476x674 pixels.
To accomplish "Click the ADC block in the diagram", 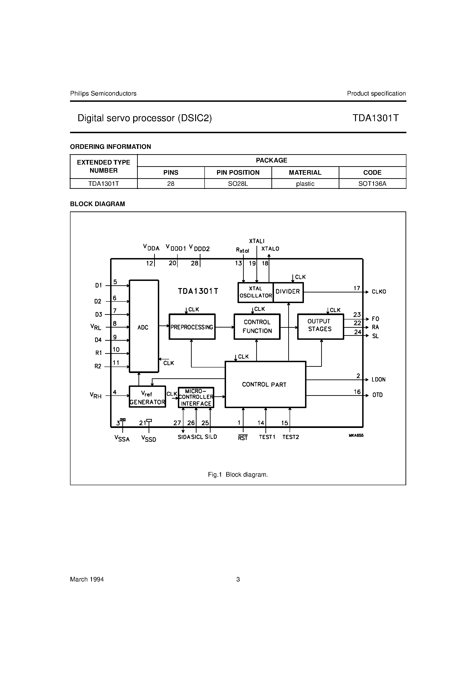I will click(x=144, y=326).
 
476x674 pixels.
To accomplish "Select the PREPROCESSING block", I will click(x=192, y=327).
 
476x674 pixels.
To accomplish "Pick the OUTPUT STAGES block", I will click(x=320, y=326).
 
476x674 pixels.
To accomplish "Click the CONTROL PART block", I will click(x=265, y=384).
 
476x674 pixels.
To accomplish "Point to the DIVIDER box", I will click(x=288, y=292).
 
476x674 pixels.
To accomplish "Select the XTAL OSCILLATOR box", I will click(x=256, y=292).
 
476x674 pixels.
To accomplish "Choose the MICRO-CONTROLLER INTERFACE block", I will click(x=196, y=397).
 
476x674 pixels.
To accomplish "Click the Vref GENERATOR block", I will click(x=147, y=397).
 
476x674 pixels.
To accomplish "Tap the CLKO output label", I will click(x=379, y=292).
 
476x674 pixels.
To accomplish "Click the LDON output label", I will click(x=378, y=379).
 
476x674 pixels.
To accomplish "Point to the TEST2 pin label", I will click(x=291, y=437).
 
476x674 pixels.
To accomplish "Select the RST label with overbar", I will click(x=243, y=438).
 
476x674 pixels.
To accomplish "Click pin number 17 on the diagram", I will click(x=356, y=288).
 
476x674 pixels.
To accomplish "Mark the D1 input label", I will click(x=98, y=285).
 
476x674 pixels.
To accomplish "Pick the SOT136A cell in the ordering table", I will click(x=372, y=184).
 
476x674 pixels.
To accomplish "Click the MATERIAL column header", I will click(x=305, y=173).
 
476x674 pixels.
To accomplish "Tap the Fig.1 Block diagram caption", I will click(x=238, y=475).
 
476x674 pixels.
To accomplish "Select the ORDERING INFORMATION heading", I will click(x=111, y=147).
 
